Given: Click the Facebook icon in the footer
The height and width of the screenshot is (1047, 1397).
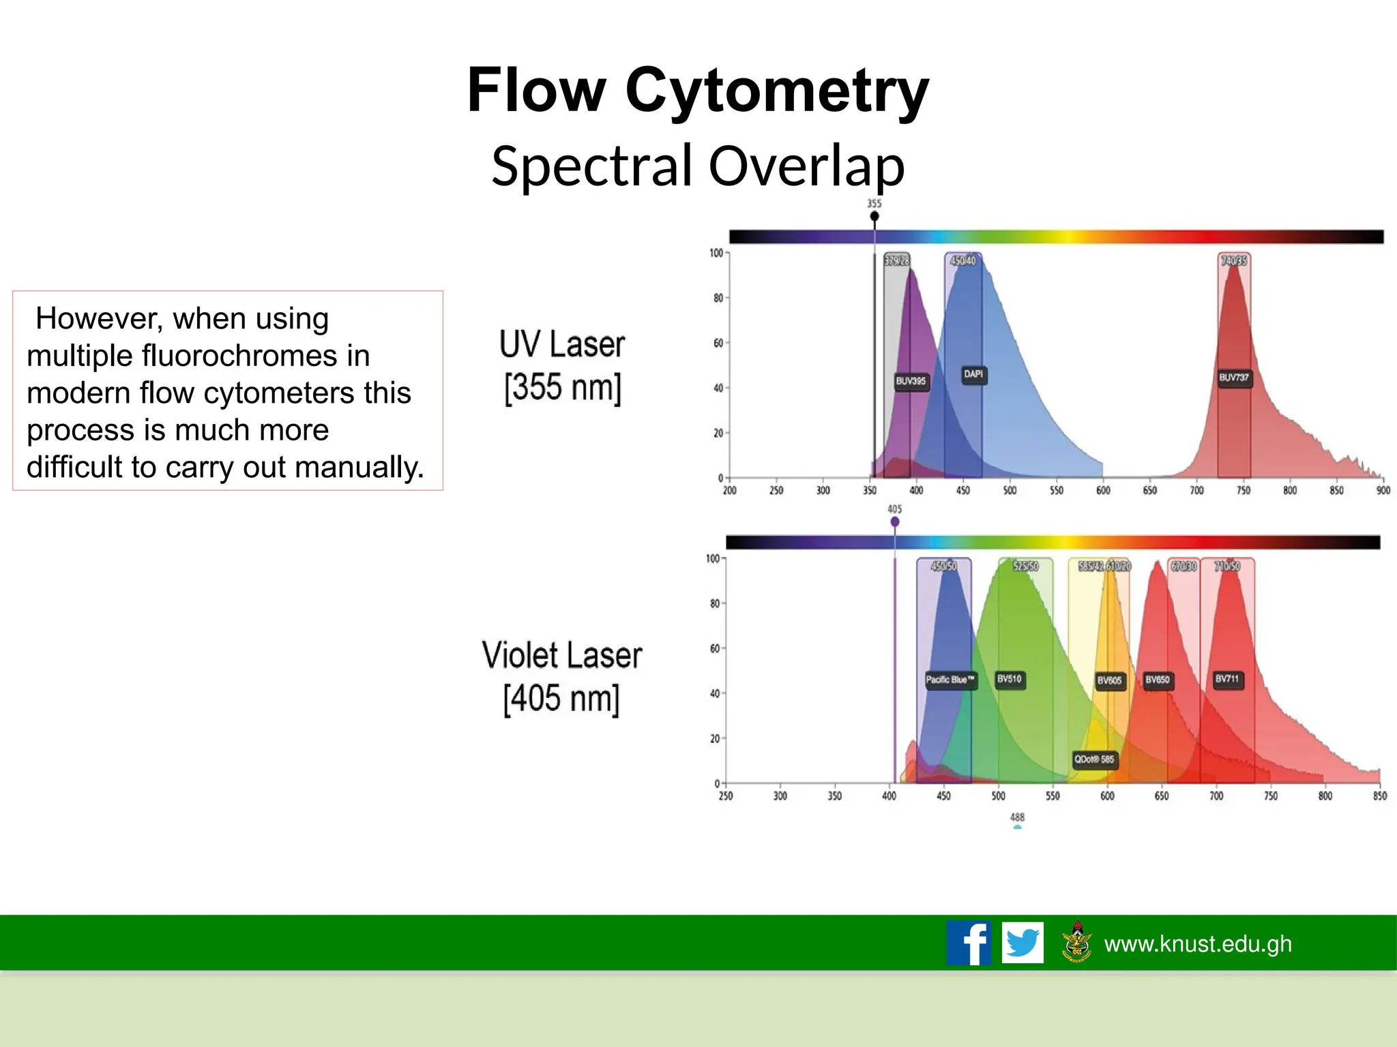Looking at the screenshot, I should tap(969, 943).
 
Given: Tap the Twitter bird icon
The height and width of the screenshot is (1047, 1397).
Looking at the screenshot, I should tap(1023, 943).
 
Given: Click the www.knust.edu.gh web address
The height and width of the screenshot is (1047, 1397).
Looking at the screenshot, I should tap(1198, 944).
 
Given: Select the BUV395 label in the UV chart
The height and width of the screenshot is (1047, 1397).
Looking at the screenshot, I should tap(911, 381).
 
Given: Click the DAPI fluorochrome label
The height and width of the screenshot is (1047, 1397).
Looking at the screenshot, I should tap(973, 374).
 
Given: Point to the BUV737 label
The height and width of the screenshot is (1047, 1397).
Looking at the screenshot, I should tap(1234, 378).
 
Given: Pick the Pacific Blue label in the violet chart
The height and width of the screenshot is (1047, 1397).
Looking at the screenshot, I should tap(950, 680).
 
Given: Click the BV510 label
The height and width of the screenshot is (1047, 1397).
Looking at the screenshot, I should tap(1010, 679).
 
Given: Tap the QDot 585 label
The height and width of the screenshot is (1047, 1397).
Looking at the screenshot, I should tap(1094, 759).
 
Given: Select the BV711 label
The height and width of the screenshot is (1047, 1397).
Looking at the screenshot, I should tap(1227, 679).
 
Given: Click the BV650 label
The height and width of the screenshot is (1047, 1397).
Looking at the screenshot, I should tap(1158, 680).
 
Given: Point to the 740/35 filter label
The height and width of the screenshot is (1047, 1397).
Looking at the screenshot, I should tap(1234, 260).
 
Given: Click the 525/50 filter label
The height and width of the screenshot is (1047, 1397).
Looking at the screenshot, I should tap(1025, 566).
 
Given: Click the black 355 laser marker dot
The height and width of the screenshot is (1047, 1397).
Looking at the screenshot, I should tap(874, 216).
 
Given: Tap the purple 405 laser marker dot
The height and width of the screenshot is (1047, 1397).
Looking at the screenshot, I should tap(895, 521).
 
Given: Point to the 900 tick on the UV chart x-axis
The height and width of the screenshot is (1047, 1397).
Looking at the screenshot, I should tap(1383, 491).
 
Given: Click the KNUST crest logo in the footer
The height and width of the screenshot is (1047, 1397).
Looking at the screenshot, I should tap(1077, 943).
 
